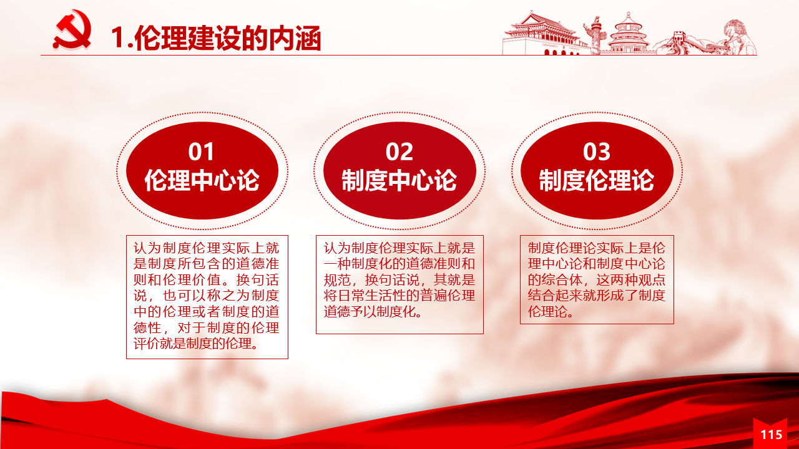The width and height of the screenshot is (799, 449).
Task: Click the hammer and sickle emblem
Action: [72, 29]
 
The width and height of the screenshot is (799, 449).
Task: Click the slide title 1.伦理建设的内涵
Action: [216, 38]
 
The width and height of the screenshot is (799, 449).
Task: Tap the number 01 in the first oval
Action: [202, 152]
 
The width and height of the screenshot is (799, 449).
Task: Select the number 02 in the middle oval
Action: [399, 152]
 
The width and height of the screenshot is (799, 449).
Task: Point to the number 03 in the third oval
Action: [597, 152]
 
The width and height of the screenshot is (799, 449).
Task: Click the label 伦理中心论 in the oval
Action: [202, 180]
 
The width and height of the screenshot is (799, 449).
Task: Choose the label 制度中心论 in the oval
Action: [399, 180]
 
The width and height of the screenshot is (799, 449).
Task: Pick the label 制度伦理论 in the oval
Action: [597, 180]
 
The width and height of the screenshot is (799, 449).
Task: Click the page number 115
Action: [772, 435]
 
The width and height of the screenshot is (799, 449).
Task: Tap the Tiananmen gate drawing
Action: [542, 34]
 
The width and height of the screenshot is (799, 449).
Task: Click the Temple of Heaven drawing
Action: [629, 34]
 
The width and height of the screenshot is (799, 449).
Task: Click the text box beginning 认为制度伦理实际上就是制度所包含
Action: [207, 297]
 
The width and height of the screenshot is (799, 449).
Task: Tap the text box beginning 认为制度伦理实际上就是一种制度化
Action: [399, 284]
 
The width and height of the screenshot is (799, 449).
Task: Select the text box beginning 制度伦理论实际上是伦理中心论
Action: [597, 279]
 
